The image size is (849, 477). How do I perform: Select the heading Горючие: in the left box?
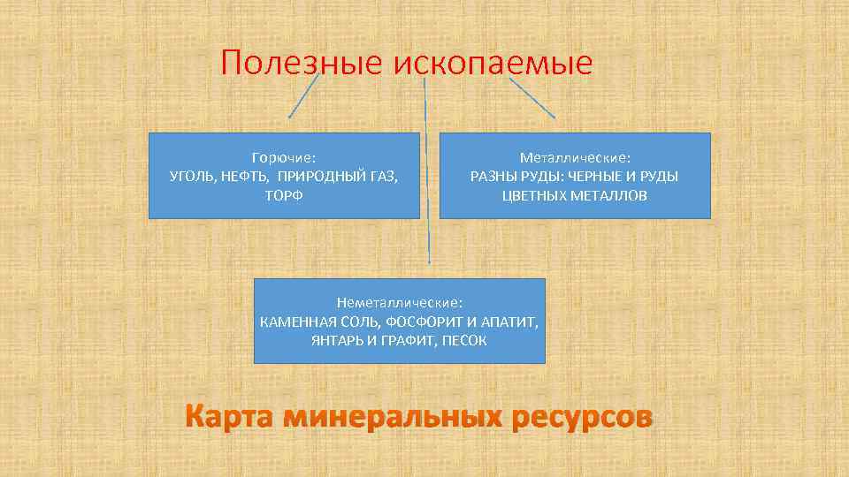pos(284,157)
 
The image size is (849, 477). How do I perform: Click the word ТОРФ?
pos(284,194)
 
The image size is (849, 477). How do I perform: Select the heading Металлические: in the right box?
pos(575,157)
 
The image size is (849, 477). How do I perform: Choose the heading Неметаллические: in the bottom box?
pos(399,302)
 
